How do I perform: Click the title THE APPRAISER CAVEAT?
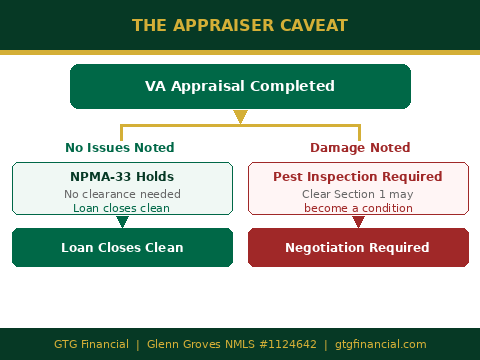[x=240, y=25]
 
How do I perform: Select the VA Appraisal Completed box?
[x=240, y=86]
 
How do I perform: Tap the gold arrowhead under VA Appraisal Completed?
[x=240, y=117]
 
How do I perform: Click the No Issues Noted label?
[x=120, y=148]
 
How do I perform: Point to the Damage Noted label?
[x=360, y=148]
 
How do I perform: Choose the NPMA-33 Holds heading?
[x=121, y=177]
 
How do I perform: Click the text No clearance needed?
[x=121, y=193]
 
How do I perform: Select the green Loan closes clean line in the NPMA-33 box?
[x=121, y=208]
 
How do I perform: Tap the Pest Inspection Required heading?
[x=358, y=177]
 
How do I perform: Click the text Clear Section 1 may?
[x=358, y=193]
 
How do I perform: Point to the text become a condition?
[x=358, y=208]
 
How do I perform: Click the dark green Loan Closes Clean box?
[x=122, y=247]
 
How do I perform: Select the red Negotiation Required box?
[x=357, y=247]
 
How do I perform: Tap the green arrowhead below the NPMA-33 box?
[x=122, y=222]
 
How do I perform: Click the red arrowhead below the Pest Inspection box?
[x=358, y=222]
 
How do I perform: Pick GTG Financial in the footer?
[x=91, y=344]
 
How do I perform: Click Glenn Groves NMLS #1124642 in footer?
[x=232, y=344]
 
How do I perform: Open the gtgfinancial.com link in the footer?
[x=381, y=344]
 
